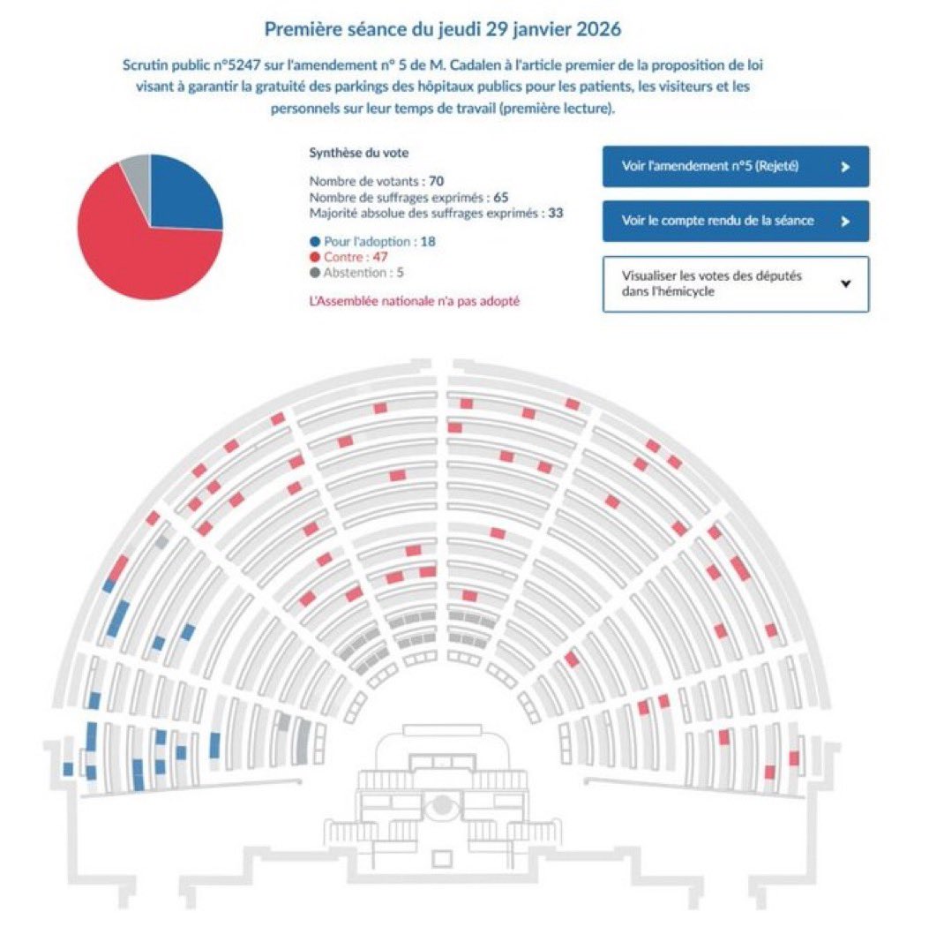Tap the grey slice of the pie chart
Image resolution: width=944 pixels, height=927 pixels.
[138, 170]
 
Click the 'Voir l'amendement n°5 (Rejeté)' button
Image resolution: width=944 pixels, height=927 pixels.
[735, 166]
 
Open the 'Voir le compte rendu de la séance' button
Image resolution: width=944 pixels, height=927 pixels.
[735, 221]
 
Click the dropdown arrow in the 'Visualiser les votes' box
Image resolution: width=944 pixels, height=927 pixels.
[845, 283]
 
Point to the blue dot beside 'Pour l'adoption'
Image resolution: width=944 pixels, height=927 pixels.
[314, 241]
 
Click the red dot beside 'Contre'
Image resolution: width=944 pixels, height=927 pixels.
[314, 257]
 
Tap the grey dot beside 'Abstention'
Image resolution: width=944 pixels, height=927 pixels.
[314, 273]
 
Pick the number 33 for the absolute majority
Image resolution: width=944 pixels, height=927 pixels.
[555, 213]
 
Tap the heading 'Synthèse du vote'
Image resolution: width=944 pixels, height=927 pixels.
[358, 153]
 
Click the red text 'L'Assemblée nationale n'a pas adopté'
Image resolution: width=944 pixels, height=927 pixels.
[415, 301]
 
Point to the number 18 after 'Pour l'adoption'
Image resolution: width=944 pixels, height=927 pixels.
[428, 241]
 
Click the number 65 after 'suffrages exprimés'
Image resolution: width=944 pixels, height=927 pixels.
[501, 197]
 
